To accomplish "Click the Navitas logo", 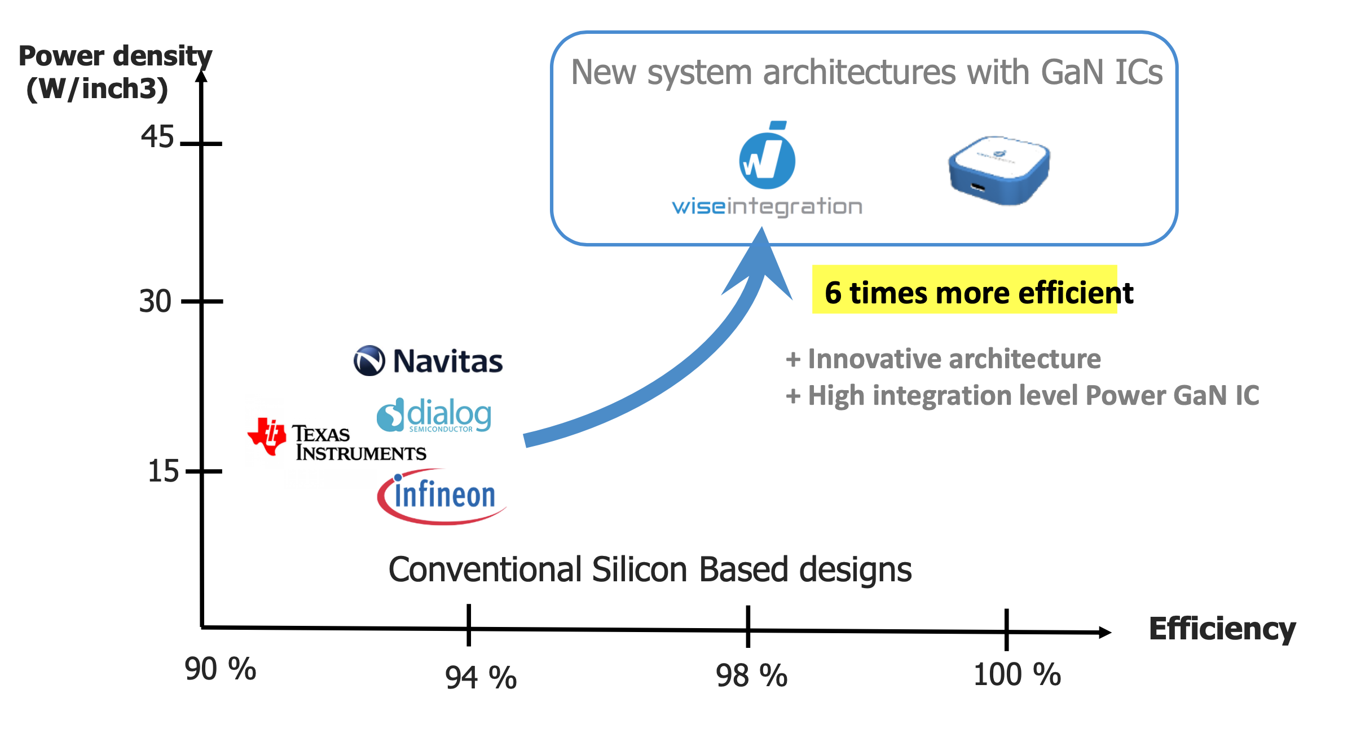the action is coord(428,361).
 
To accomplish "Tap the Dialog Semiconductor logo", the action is coord(434,415).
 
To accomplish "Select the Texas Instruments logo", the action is coord(337,440).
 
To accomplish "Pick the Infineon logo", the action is coord(442,496).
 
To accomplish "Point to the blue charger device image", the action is coord(999,170).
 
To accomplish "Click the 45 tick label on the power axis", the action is coord(157,137).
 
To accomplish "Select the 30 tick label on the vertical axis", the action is coord(155,301).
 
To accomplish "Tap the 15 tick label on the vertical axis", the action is coord(163,471).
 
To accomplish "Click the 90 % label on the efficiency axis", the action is coord(221,669).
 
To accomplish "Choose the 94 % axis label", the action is coord(481,677).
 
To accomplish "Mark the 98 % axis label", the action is coord(751,675).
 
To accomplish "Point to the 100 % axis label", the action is coord(1017,674).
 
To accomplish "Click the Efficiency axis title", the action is coord(1222,629).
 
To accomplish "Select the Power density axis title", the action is coord(115,72).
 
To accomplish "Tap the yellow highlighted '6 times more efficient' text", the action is coord(979,293).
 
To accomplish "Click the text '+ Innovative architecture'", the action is coord(943,359).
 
